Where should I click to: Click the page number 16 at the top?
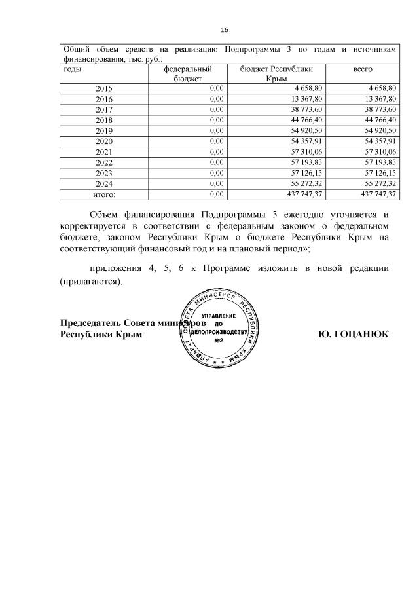tap(225, 31)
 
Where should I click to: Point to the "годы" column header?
tap(73, 68)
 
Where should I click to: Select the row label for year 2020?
tap(104, 141)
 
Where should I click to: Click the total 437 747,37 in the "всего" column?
tap(374, 194)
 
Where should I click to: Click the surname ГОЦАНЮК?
tap(362, 334)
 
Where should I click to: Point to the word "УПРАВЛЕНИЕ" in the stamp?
tap(218, 316)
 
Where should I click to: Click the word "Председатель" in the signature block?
tap(90, 323)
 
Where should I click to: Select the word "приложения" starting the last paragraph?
tap(118, 268)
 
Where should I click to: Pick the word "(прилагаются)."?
tap(91, 281)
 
